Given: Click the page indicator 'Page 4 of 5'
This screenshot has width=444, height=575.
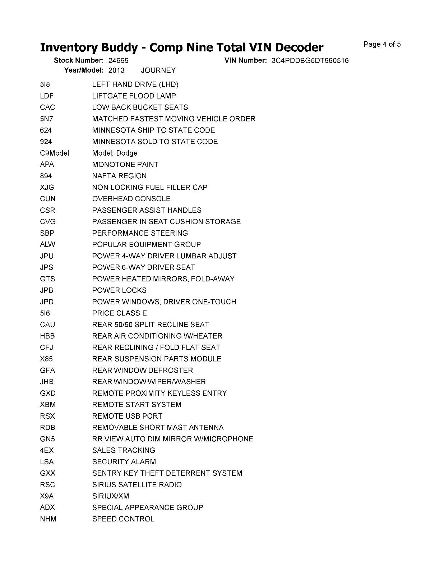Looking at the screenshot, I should tap(382, 45).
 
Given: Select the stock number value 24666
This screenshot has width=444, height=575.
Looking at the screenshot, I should tap(118, 60).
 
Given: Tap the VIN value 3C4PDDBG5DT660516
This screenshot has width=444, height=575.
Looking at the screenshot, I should tap(310, 60).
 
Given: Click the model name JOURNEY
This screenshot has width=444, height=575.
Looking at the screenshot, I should tap(158, 70).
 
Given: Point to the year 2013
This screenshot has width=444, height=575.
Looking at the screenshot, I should tap(116, 70).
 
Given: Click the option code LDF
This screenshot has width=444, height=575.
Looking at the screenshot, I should tap(47, 96).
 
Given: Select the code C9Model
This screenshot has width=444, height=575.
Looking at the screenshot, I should tap(54, 153).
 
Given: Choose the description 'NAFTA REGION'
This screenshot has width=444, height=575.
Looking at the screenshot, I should tap(119, 176).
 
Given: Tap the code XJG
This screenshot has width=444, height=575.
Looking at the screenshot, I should tap(47, 187).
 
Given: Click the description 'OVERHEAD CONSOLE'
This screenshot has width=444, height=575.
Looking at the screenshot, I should tap(131, 199).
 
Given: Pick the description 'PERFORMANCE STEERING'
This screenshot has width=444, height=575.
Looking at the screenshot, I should tap(140, 233).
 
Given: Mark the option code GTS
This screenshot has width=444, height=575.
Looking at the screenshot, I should tap(47, 279).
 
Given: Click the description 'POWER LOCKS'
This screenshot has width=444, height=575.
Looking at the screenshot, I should tap(119, 290).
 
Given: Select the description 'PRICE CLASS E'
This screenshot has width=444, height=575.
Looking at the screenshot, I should tap(119, 313).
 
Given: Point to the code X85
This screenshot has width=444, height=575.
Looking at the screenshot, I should tap(46, 359).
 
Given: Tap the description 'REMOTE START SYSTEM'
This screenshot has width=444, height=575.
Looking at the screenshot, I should tap(137, 405).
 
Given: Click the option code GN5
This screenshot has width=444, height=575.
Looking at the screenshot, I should tap(47, 439).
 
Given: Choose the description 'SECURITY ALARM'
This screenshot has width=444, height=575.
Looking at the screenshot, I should tap(124, 462).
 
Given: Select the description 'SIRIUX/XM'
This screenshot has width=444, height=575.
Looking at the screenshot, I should tap(110, 496).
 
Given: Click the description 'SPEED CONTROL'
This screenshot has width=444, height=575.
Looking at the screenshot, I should tap(123, 519).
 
